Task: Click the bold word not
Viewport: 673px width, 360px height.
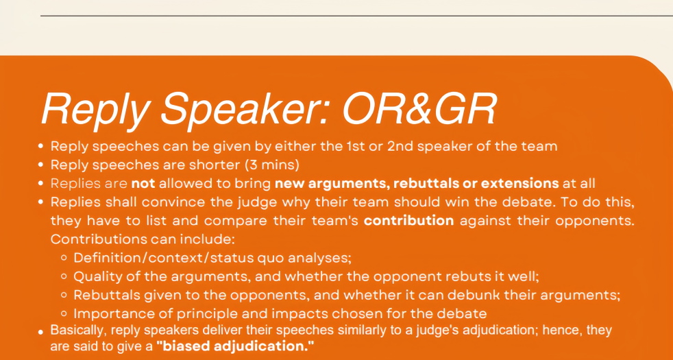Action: pyautogui.click(x=143, y=184)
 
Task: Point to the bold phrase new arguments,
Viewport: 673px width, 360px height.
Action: pyautogui.click(x=332, y=184)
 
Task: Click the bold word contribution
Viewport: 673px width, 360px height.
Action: pyautogui.click(x=408, y=221)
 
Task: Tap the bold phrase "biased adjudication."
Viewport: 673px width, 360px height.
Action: pyautogui.click(x=235, y=346)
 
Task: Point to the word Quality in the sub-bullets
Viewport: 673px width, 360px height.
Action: pyautogui.click(x=95, y=276)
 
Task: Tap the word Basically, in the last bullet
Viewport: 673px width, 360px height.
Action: pyautogui.click(x=75, y=331)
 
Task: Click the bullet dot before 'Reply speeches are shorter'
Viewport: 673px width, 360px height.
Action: pyautogui.click(x=40, y=165)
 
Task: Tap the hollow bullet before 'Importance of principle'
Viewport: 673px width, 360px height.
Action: pyautogui.click(x=64, y=314)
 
